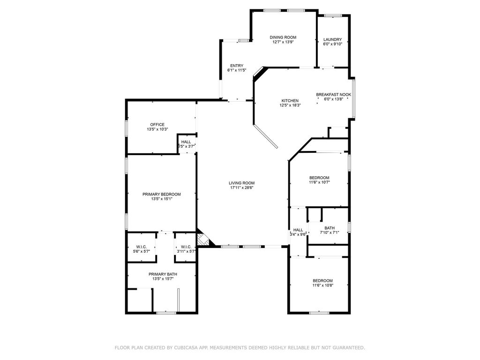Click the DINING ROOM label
(283, 37)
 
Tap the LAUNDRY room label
(332, 39)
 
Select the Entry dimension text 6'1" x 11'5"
(237, 70)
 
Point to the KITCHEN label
(290, 101)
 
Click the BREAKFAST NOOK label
(333, 95)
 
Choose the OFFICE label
(157, 125)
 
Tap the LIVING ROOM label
(241, 183)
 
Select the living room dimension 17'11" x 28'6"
(241, 187)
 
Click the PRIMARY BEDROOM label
(161, 194)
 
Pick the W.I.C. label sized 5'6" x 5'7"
(142, 247)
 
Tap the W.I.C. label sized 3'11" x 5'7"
(186, 247)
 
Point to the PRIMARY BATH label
(163, 274)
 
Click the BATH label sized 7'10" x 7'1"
(330, 228)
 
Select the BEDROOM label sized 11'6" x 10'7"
(319, 178)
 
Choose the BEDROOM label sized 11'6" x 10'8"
(322, 280)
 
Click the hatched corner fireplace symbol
(202, 240)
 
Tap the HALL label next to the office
(186, 142)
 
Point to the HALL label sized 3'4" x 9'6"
(298, 230)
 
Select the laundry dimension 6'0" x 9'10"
(332, 44)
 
